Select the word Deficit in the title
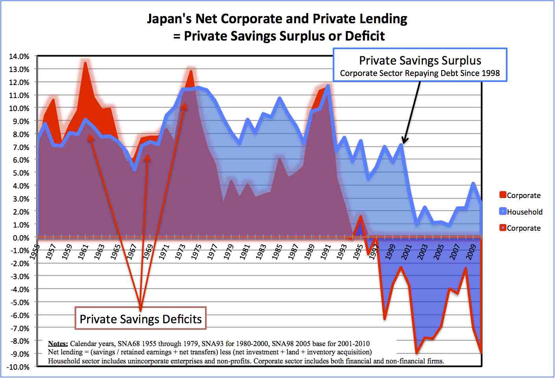(x=364, y=36)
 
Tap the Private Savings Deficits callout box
(x=141, y=319)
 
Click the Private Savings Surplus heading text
(x=420, y=61)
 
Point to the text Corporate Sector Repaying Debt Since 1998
(x=420, y=73)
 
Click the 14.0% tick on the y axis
(x=19, y=56)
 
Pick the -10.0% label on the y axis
(x=18, y=367)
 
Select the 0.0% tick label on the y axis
(x=20, y=238)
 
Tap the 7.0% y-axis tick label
(x=20, y=147)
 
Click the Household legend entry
(x=524, y=212)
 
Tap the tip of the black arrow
(x=403, y=143)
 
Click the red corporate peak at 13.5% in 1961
(x=85, y=62)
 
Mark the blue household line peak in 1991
(x=327, y=86)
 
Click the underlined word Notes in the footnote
(x=58, y=344)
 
